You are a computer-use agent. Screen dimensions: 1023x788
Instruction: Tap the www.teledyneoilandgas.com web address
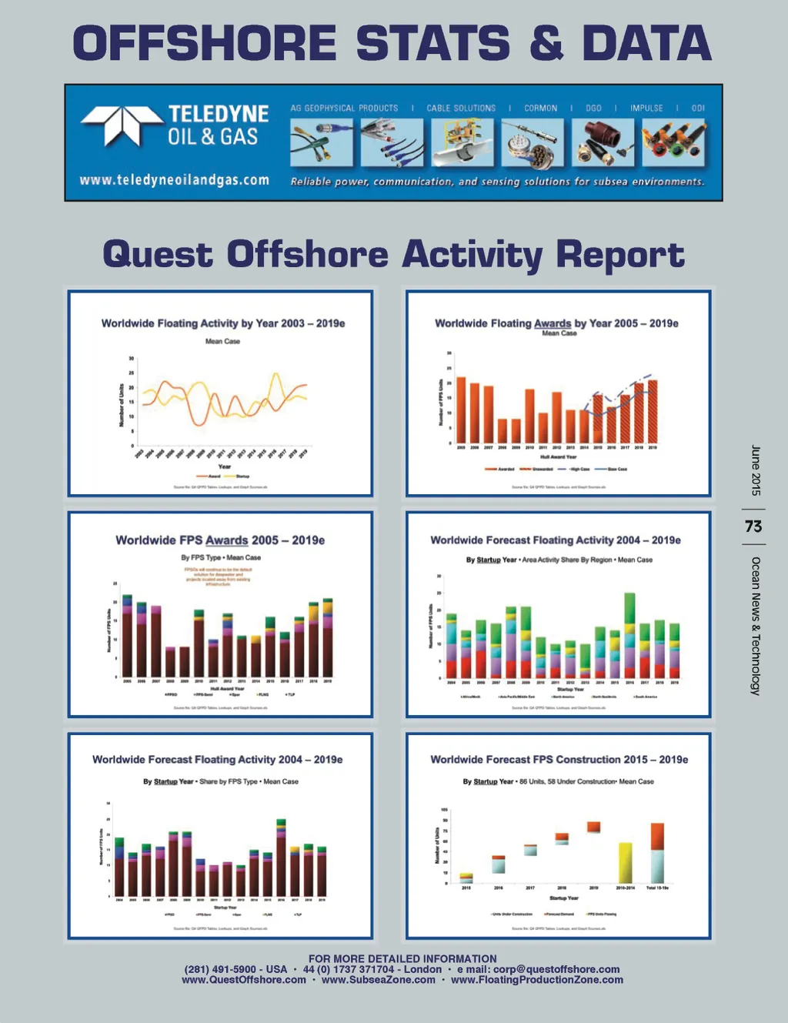(x=174, y=180)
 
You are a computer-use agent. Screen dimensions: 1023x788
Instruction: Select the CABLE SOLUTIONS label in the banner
(x=461, y=109)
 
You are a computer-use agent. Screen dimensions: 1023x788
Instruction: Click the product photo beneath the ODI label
(x=673, y=142)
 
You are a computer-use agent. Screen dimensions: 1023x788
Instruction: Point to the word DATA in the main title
(x=646, y=44)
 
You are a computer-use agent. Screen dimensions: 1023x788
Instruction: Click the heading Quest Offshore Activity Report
(x=393, y=255)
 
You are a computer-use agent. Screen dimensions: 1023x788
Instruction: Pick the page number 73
(x=753, y=527)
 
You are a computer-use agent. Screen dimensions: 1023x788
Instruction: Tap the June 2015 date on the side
(x=755, y=470)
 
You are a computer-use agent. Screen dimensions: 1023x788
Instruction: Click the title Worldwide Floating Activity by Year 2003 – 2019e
(x=223, y=323)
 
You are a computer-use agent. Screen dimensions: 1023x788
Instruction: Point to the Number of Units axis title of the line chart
(x=122, y=405)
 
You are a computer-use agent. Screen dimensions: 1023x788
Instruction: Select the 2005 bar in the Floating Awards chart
(x=461, y=410)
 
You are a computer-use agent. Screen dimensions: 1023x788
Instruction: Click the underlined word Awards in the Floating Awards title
(x=553, y=324)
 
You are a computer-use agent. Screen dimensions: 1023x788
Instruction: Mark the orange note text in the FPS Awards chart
(x=218, y=576)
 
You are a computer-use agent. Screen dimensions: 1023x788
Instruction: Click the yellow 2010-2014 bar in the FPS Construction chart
(x=625, y=863)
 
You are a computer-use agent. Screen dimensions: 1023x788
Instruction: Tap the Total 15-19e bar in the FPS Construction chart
(x=657, y=853)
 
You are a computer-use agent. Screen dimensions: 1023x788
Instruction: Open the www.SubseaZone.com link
(x=378, y=980)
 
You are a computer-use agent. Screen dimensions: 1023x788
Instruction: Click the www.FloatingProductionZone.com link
(x=537, y=980)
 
